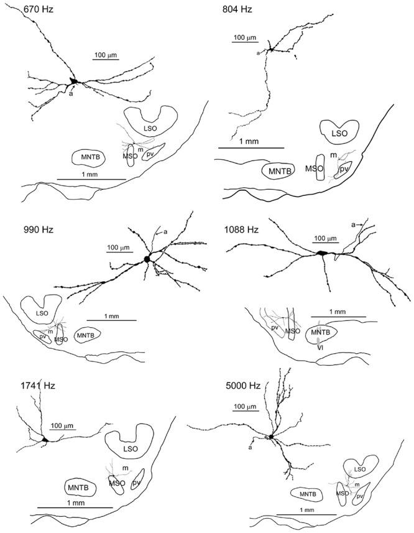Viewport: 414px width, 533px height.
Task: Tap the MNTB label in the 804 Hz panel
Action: point(279,170)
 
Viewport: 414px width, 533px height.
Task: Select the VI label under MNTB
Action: point(320,348)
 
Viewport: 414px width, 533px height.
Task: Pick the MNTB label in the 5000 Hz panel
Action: point(308,494)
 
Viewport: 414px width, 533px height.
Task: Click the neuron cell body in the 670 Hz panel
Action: point(74,81)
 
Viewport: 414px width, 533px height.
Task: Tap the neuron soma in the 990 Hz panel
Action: point(147,258)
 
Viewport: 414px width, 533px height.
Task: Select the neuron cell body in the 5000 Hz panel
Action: point(272,437)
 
